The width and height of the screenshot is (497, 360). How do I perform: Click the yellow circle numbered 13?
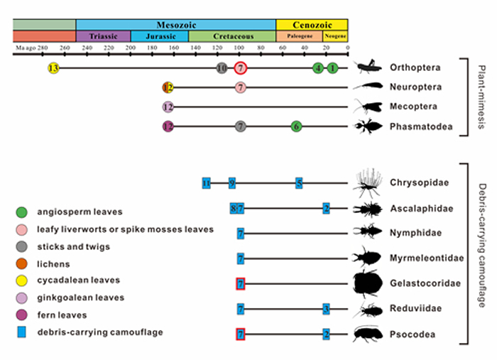pos(53,68)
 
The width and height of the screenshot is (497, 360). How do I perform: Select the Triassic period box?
pos(103,36)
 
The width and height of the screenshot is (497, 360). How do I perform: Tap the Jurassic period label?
pos(160,36)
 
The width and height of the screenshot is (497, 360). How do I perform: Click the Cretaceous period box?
pos(232,36)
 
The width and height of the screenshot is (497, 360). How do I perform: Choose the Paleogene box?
pos(299,36)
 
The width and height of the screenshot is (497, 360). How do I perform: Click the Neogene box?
pos(334,36)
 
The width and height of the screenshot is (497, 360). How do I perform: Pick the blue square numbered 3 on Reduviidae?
pos(326,308)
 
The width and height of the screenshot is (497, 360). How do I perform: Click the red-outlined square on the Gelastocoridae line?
pos(241,283)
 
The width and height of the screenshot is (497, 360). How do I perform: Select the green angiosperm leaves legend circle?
pos(22,212)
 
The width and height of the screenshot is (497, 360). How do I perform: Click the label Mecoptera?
pos(415,107)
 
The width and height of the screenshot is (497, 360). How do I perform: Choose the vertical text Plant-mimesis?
pos(481,97)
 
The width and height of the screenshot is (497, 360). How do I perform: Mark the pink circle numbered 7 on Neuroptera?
pos(241,87)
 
